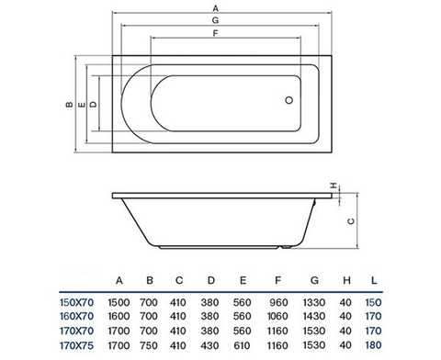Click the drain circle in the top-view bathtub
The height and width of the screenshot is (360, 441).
click(x=288, y=100)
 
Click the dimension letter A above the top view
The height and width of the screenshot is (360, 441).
click(x=216, y=8)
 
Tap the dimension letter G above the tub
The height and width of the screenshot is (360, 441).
click(x=216, y=20)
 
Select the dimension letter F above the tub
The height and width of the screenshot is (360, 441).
click(x=216, y=33)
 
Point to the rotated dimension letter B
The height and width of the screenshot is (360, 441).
click(x=70, y=105)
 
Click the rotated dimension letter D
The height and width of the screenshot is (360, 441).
click(x=93, y=105)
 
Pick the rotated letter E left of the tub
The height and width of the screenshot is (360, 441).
click(x=82, y=105)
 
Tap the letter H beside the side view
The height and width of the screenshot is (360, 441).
click(x=334, y=186)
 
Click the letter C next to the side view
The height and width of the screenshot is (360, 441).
click(x=351, y=221)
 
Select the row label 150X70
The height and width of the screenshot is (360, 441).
click(x=76, y=302)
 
